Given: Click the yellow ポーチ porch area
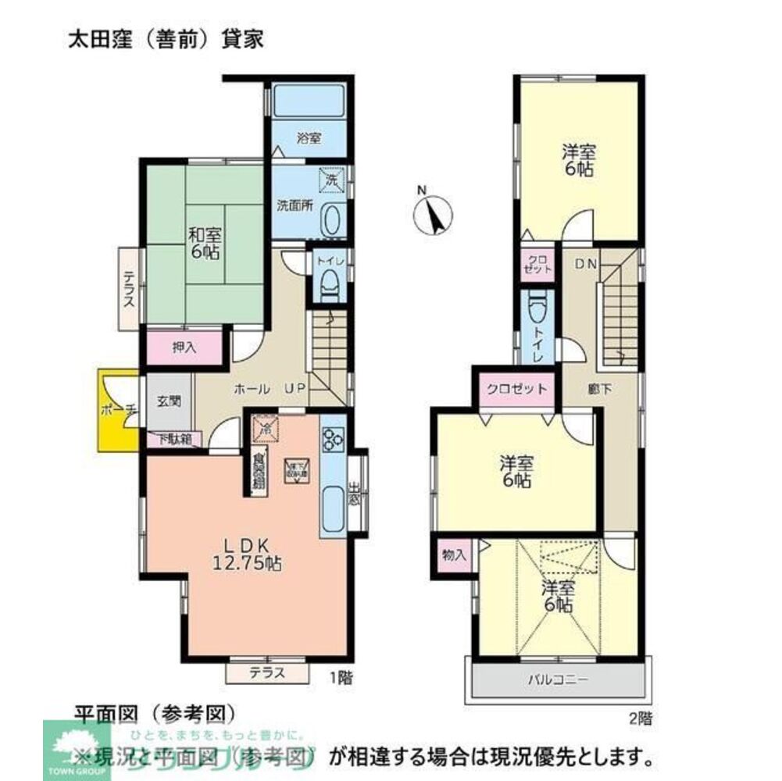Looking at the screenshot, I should coord(118,410).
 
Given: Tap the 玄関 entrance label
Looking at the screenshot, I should coord(168,402).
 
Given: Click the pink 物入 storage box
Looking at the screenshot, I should coord(454,555).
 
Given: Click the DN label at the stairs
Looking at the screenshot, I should coord(586,265).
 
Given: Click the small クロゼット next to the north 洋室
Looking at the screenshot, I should coord(537,265).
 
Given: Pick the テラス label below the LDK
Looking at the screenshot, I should coord(266,672).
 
